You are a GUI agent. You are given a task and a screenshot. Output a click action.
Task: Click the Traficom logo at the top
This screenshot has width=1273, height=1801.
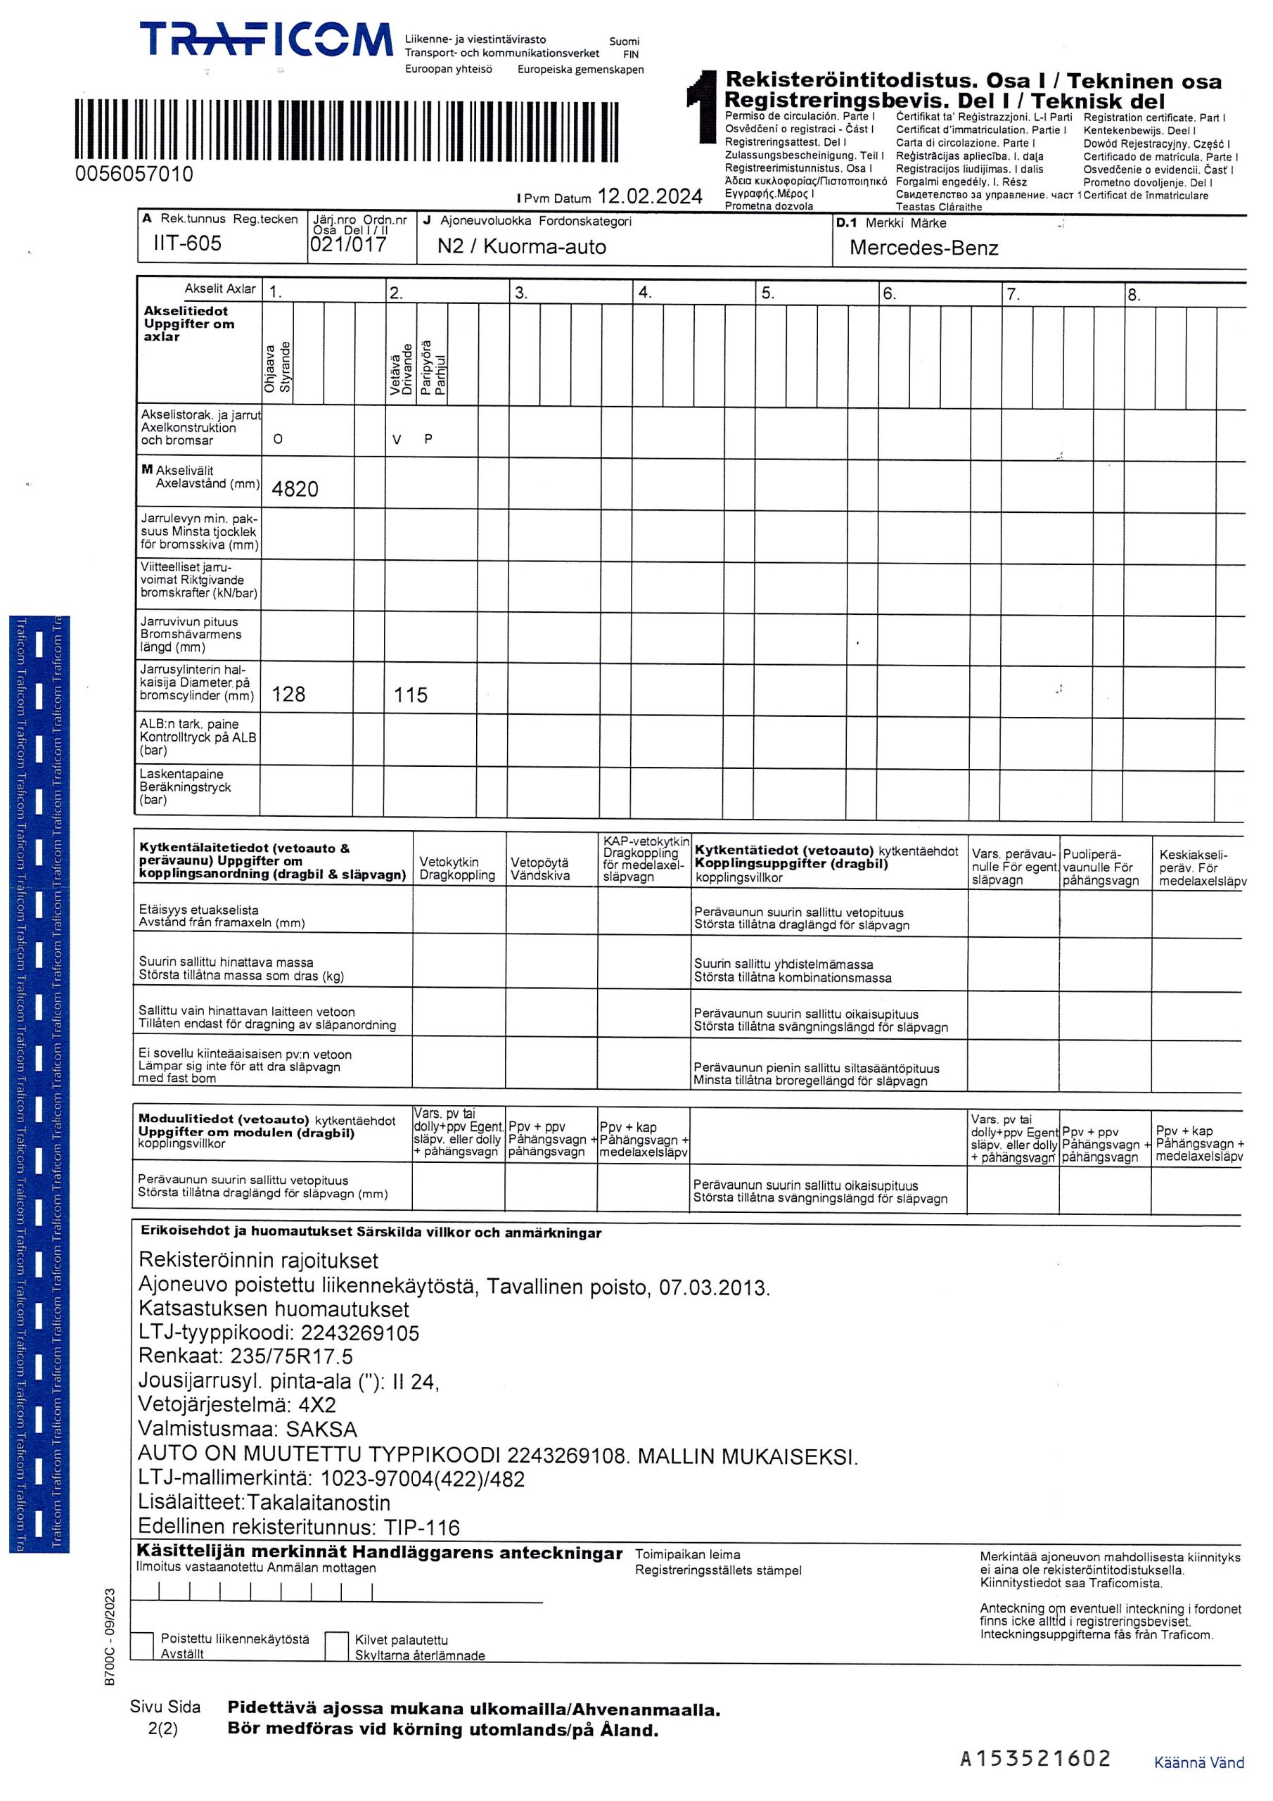click(266, 40)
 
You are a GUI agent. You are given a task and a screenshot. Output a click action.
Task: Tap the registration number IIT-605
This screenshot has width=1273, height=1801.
click(188, 243)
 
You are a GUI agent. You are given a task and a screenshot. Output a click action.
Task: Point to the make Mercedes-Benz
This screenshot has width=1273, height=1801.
click(923, 248)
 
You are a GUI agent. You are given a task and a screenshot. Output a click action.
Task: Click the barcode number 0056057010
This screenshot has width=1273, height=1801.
click(134, 174)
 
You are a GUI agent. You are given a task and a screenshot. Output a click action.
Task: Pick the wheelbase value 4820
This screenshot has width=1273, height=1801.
click(295, 490)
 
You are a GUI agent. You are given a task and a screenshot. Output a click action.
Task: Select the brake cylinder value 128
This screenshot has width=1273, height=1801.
click(288, 694)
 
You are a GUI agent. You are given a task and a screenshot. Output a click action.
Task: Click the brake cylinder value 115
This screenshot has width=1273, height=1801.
click(410, 695)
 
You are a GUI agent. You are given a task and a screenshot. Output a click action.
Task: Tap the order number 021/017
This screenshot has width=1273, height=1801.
click(348, 244)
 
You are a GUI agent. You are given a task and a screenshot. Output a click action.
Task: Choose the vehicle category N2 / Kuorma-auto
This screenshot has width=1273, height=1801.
click(522, 247)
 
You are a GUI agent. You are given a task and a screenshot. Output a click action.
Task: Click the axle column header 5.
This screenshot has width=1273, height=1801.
click(767, 293)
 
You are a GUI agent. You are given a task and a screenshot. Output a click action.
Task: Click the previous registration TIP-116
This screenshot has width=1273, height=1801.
click(421, 1527)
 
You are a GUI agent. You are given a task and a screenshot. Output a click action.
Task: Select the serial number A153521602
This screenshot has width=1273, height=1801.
click(1035, 1759)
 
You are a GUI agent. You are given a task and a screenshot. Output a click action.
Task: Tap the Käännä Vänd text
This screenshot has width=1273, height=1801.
click(1198, 1762)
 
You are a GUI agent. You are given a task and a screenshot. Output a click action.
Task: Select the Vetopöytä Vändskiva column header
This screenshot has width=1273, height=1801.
click(539, 868)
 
